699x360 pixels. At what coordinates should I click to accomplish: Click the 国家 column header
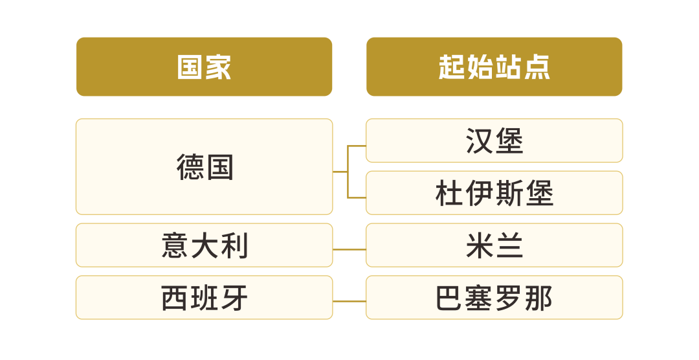coord(204,67)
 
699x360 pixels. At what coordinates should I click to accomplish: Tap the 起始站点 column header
coord(494,67)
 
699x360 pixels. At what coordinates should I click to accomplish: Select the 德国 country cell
coord(204,166)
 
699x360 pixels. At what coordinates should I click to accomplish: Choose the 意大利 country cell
coord(204,245)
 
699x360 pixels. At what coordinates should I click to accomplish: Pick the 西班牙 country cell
coord(204,298)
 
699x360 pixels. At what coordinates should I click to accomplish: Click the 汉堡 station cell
coord(494,141)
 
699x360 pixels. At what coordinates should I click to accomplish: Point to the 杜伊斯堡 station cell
coord(494,193)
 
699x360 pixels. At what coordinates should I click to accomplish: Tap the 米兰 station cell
coord(494,245)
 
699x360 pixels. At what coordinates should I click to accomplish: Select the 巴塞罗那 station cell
coord(494,298)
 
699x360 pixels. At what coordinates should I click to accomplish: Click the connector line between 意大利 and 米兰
coord(349,249)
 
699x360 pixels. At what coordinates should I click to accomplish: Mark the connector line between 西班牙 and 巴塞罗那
coord(349,301)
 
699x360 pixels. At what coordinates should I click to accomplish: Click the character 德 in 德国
coord(190,167)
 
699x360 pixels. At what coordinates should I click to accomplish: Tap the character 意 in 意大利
coord(175,246)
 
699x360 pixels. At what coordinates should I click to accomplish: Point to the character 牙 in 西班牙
coord(234,298)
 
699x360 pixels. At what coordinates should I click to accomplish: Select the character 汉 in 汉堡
coord(480,141)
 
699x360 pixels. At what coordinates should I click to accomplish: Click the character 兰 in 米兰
coord(509,246)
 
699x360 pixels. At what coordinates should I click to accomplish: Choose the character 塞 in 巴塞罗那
coord(480,298)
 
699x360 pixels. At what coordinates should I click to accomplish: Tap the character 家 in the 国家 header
coord(219,67)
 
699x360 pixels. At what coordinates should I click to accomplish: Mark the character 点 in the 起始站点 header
coord(537,67)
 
